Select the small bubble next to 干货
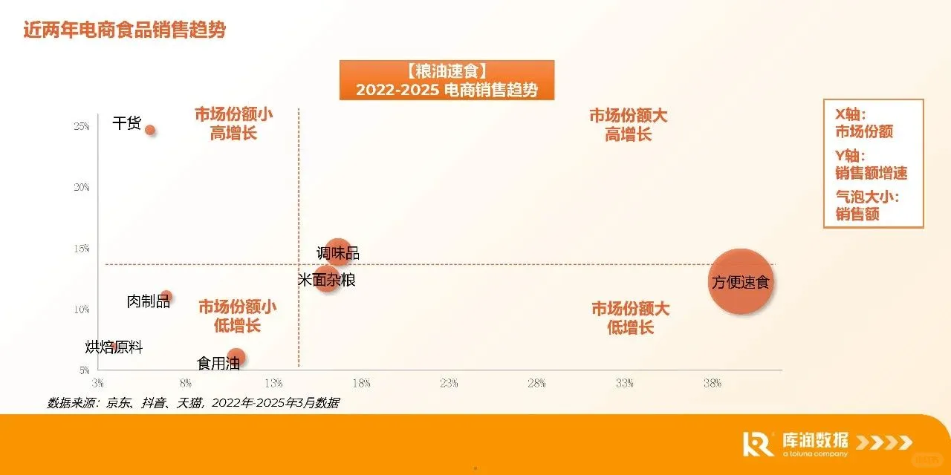150,130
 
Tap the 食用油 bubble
236,358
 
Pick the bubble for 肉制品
166,296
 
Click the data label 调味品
338,254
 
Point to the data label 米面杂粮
326,280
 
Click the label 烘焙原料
114,347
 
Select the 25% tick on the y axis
82,126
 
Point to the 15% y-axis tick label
82,248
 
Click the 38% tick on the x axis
712,384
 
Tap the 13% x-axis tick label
273,384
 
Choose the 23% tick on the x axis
449,384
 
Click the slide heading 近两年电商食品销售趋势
124,30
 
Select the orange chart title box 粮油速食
447,80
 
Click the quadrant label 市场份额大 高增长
629,125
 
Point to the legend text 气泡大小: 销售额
867,206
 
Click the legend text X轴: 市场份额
863,123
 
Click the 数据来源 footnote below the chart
193,403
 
